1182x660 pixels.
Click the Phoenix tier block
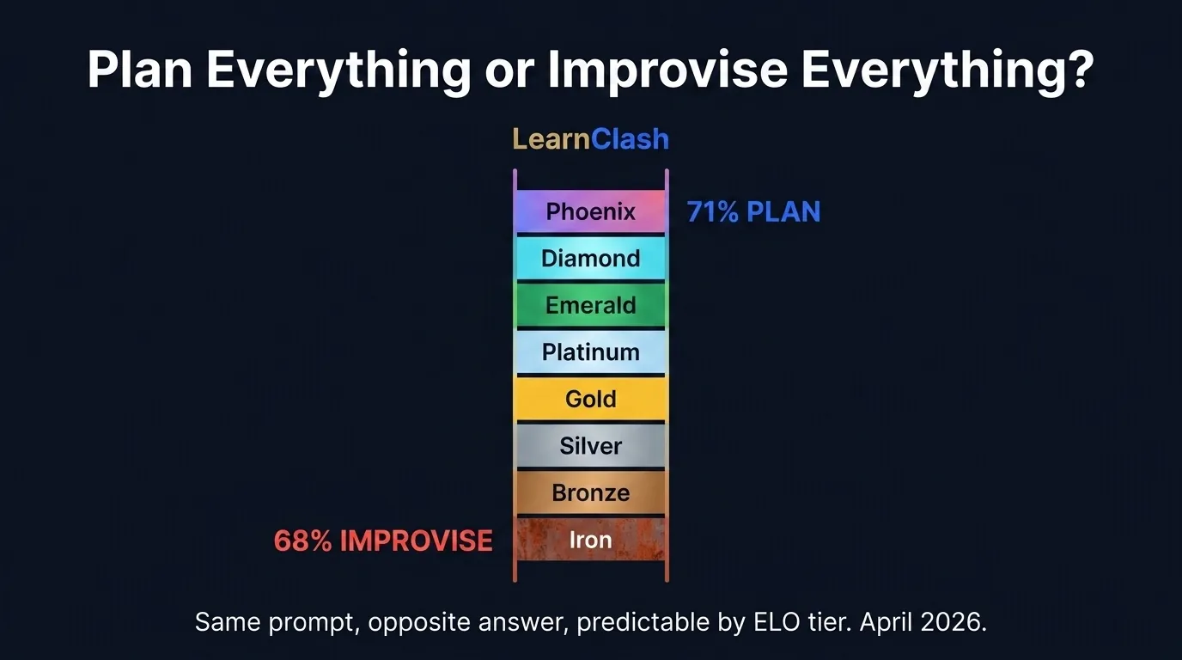(x=590, y=211)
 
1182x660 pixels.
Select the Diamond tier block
(x=590, y=259)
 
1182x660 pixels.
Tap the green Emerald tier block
(x=590, y=305)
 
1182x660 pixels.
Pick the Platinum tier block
(x=590, y=352)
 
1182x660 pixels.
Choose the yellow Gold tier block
(x=590, y=399)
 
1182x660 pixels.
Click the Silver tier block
(x=590, y=446)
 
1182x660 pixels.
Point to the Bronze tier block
(x=590, y=492)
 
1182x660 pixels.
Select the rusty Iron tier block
(x=590, y=540)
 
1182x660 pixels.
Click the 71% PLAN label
(x=753, y=211)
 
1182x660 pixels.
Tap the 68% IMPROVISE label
(x=383, y=541)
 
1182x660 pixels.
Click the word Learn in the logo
(x=551, y=139)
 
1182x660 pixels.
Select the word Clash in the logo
(x=630, y=139)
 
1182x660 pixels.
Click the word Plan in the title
(x=140, y=70)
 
